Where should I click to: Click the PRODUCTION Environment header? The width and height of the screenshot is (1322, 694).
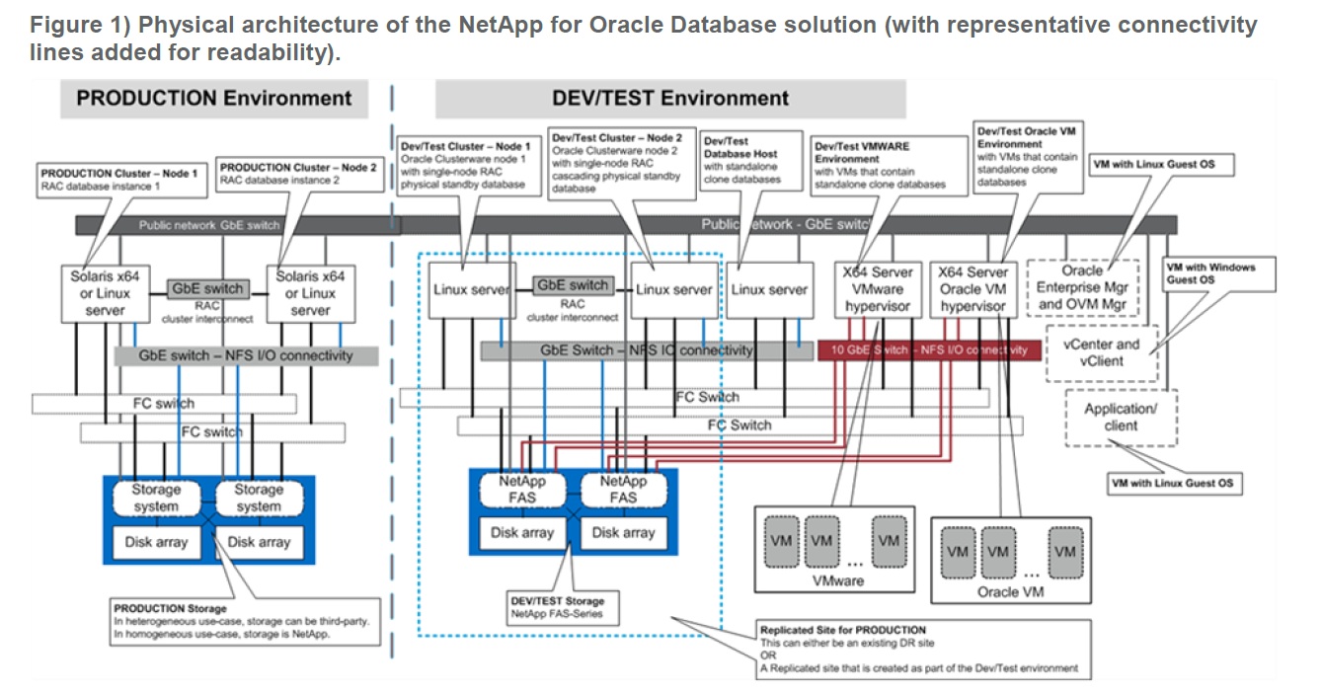pos(213,99)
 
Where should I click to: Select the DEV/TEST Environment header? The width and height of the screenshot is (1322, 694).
pos(670,99)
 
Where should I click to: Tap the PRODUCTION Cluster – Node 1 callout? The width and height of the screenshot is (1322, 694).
pos(119,179)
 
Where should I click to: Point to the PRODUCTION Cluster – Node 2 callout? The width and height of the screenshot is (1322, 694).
pos(297,174)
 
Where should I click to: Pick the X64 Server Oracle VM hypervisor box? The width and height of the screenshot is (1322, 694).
pos(973,289)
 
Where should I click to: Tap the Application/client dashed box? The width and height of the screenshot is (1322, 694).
pos(1121,418)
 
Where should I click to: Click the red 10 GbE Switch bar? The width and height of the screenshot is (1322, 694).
pos(929,349)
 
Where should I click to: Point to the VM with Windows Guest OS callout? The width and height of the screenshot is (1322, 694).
pos(1220,272)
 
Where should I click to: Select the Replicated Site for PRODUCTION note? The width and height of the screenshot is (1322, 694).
pos(923,649)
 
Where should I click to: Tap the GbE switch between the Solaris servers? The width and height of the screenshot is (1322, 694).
pos(208,289)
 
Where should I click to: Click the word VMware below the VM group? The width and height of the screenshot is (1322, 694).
pos(837,580)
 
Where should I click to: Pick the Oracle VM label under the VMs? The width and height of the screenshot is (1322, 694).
pos(1010,592)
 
